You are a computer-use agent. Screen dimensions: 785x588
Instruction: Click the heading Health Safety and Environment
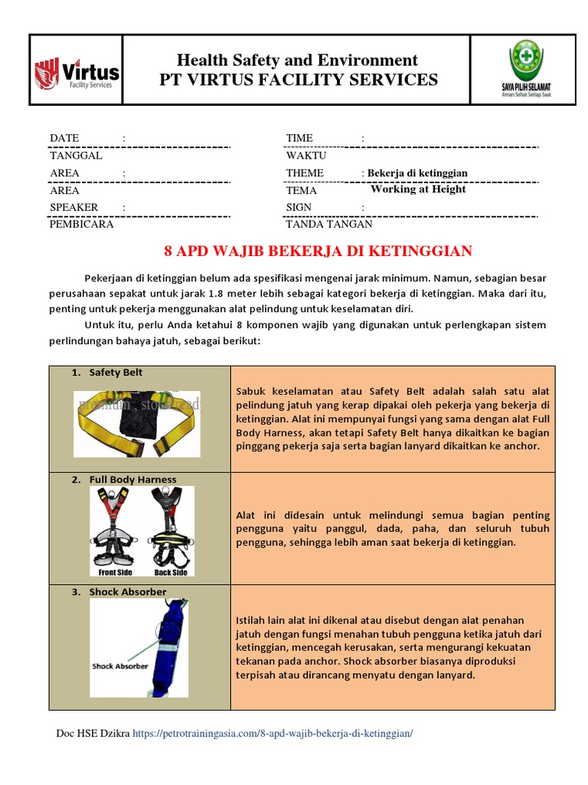tap(297, 60)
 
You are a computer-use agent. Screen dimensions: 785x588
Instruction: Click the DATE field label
tap(64, 138)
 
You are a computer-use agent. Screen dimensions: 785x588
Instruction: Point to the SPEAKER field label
tap(73, 207)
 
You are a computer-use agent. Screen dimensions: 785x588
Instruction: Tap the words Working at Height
tap(418, 189)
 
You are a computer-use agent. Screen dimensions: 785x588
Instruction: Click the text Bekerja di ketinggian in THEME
tap(417, 173)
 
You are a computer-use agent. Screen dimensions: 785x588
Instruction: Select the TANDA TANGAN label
tap(329, 225)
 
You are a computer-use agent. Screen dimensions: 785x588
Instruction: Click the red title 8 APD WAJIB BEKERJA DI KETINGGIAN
tap(318, 251)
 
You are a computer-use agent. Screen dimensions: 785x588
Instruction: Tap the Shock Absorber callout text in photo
tap(114, 666)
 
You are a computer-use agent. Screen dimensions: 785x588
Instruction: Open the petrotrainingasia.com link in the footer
tap(273, 734)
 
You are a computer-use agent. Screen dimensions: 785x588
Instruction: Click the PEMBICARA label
tap(82, 225)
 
